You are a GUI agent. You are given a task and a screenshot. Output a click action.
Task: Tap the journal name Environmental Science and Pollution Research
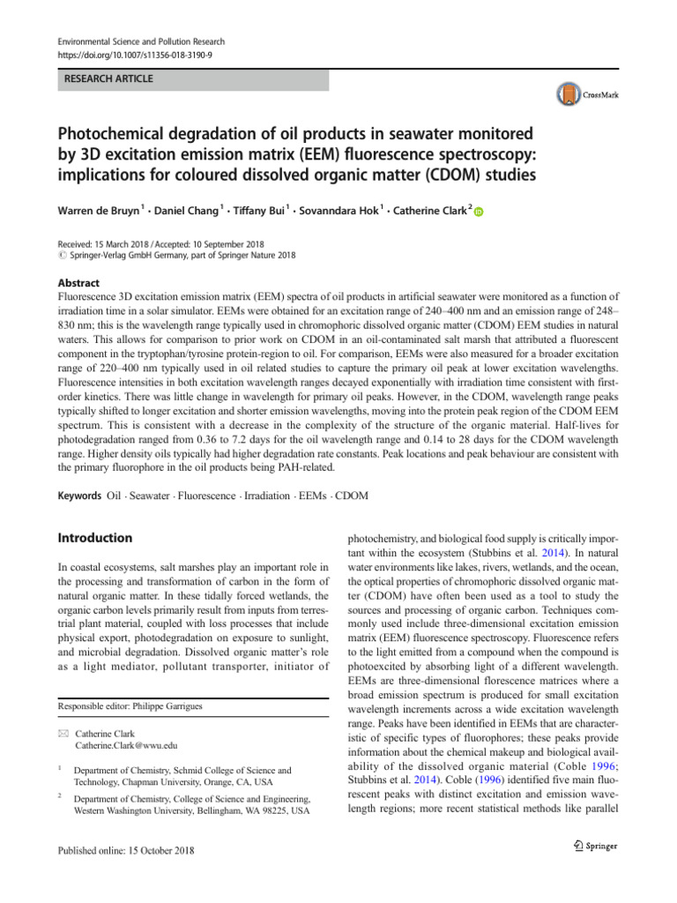click(141, 41)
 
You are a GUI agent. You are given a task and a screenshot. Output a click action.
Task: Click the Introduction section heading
click(95, 538)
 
